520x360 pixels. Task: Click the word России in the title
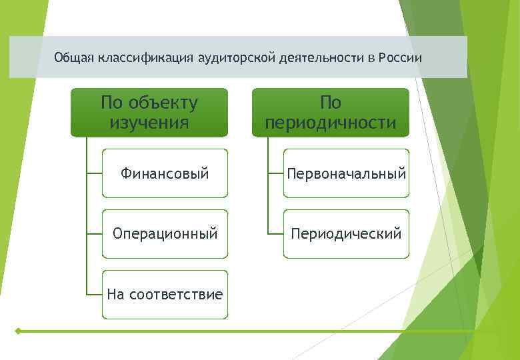(x=400, y=57)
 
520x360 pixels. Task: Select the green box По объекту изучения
(x=149, y=112)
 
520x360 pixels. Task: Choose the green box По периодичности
(x=331, y=112)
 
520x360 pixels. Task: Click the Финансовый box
(x=165, y=173)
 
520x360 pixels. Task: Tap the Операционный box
(x=165, y=234)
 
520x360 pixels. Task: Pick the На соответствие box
(x=165, y=294)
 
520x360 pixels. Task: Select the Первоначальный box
(x=346, y=173)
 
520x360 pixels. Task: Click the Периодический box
(x=346, y=234)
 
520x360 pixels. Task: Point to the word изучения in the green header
(x=149, y=123)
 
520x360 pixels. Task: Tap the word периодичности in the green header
(x=331, y=123)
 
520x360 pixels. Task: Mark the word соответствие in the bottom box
(x=176, y=294)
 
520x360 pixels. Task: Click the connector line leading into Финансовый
(x=94, y=173)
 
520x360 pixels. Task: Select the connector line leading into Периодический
(x=275, y=234)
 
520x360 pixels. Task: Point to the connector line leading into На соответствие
(x=94, y=294)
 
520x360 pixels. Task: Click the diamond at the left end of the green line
(x=17, y=331)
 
